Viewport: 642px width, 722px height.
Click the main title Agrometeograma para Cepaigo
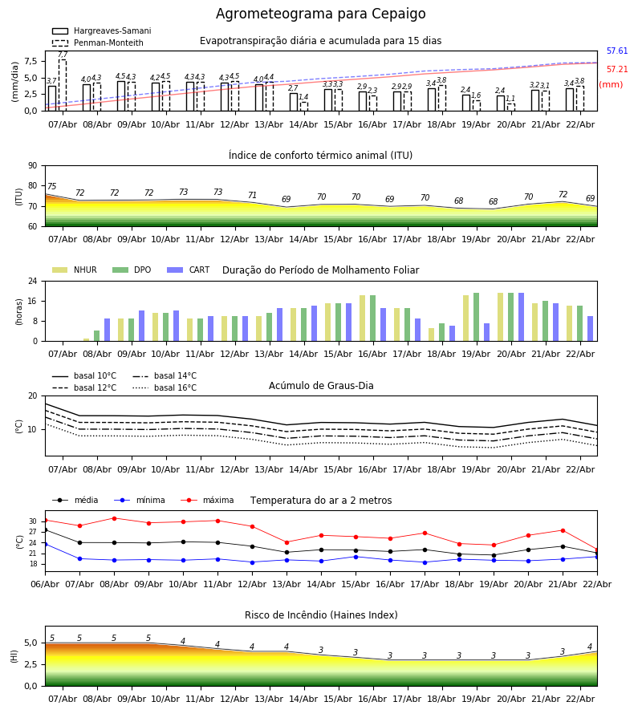pos(321,14)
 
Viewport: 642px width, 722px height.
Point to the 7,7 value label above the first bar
pos(63,55)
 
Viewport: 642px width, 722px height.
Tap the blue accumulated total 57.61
pos(617,51)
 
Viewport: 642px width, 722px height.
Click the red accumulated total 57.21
pos(617,70)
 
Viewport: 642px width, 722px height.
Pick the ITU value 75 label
pos(51,187)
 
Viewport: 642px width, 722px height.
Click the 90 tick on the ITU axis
pos(32,166)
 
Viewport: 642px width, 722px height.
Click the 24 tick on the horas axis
pos(32,282)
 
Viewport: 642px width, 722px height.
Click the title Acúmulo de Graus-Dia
pos(321,386)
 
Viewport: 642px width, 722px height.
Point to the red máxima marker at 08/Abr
pos(114,518)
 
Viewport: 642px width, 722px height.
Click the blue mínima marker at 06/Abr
pos(45,544)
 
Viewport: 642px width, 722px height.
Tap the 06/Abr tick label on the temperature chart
pos(45,583)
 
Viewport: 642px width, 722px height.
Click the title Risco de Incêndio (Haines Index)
pos(321,615)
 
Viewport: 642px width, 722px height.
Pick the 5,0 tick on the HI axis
pos(29,643)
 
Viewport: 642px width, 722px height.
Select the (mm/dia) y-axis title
pos(15,81)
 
